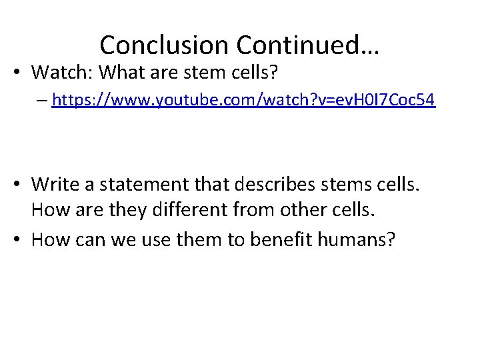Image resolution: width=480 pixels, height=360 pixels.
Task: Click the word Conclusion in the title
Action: coord(164,45)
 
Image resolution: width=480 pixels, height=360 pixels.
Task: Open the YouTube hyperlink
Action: coord(243,101)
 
